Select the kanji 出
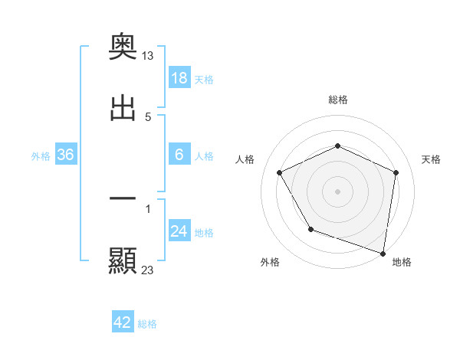(x=123, y=108)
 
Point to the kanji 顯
(x=123, y=261)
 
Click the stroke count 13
(x=148, y=55)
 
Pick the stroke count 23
(x=148, y=269)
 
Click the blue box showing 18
(x=179, y=78)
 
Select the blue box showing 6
(x=179, y=155)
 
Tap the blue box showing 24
(x=179, y=231)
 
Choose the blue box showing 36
(x=66, y=155)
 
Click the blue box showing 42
(x=123, y=322)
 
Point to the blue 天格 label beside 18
(x=204, y=80)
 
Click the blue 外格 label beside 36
(x=41, y=156)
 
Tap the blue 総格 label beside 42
(x=147, y=324)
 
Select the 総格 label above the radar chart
(x=338, y=100)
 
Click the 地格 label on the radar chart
(x=402, y=262)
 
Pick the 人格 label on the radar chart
(x=245, y=159)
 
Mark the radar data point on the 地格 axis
(x=383, y=253)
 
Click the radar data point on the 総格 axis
(x=337, y=146)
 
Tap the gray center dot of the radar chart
(x=337, y=191)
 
